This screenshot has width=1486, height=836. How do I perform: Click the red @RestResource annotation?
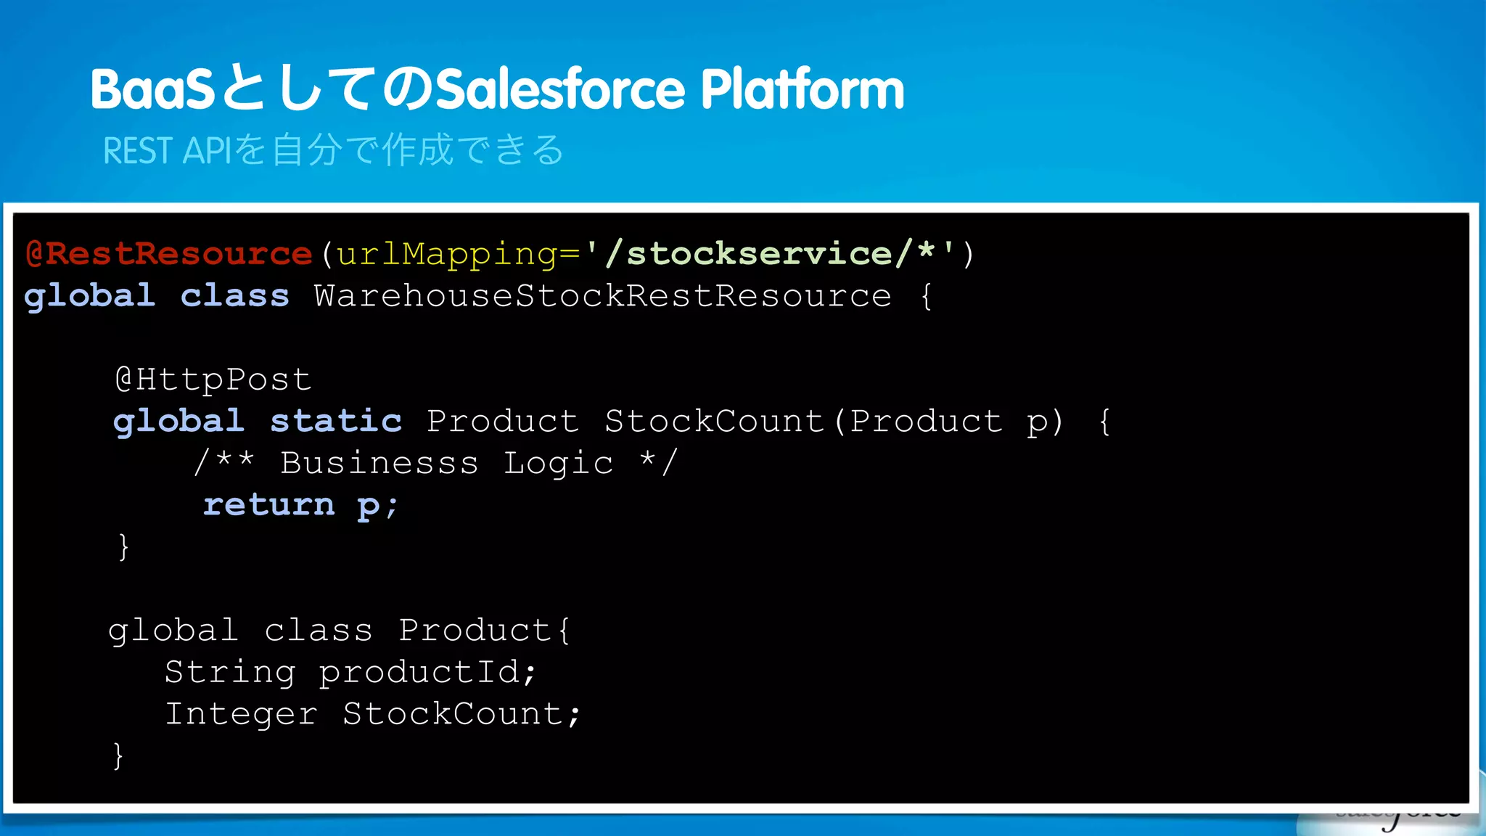point(168,254)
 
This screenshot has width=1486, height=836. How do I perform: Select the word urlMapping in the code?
point(447,254)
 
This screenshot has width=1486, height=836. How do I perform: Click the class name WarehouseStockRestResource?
point(602,296)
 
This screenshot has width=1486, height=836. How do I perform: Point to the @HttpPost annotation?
point(213,380)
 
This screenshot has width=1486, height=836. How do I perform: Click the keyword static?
point(336,422)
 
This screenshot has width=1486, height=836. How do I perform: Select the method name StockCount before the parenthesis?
point(714,422)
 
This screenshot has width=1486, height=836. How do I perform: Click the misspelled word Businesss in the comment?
point(379,463)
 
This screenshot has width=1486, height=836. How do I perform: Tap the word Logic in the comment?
point(558,463)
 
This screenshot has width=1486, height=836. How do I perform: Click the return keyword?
point(268,505)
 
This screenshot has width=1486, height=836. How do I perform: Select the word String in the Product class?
point(230,672)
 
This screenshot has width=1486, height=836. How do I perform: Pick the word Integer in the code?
point(241,714)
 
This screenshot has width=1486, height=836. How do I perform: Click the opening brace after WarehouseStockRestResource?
point(926,296)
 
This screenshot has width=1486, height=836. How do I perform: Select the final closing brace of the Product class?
point(118,755)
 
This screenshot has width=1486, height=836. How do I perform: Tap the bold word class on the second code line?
point(234,296)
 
